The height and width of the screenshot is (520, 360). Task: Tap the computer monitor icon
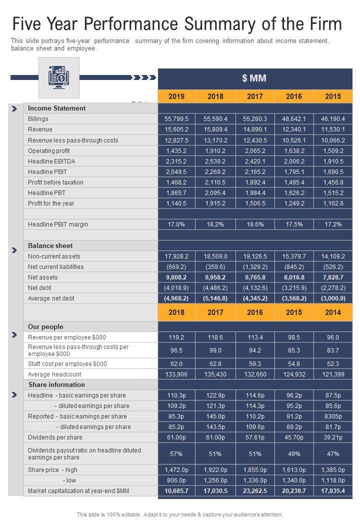click(59, 77)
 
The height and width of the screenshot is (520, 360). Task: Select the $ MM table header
click(254, 78)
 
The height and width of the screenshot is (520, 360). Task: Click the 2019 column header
click(176, 96)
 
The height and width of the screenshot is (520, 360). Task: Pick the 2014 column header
click(333, 312)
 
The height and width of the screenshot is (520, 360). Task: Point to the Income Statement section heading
click(56, 108)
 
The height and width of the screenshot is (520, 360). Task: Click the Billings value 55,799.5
click(176, 119)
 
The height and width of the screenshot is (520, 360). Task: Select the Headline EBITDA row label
click(51, 161)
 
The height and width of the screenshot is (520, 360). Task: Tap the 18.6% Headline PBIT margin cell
click(254, 224)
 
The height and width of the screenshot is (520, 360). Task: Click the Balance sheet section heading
click(50, 245)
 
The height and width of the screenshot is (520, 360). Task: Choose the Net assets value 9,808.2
click(176, 277)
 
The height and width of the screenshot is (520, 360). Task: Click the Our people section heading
click(45, 326)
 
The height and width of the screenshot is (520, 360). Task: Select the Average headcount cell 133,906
click(176, 374)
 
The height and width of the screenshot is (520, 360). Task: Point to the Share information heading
click(56, 384)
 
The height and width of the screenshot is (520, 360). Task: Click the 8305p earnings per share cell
click(333, 416)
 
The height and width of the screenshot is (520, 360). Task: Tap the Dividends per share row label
click(55, 437)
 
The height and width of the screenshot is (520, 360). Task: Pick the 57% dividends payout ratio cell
click(176, 453)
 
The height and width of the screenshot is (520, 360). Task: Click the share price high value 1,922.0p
click(215, 470)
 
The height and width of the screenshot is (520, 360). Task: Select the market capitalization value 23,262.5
click(254, 491)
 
